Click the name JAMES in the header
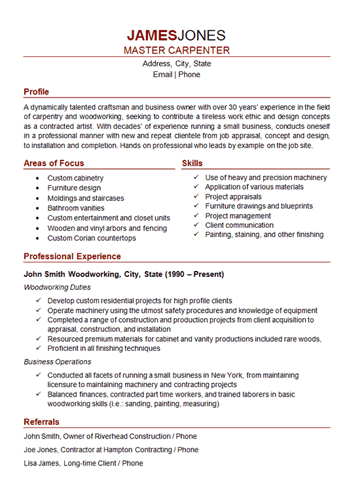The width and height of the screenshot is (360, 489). click(x=153, y=35)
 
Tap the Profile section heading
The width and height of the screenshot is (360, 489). click(x=36, y=92)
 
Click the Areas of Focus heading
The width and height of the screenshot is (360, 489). click(x=54, y=163)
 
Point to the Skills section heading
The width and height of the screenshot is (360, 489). click(x=192, y=163)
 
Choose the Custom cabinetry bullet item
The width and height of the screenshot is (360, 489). click(x=75, y=178)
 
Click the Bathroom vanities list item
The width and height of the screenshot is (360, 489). click(x=76, y=208)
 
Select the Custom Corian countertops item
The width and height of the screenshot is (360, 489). click(x=92, y=238)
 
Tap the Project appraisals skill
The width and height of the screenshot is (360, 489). click(x=233, y=196)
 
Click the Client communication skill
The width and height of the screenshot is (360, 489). click(x=240, y=225)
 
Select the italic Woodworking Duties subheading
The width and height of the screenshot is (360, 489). click(x=57, y=287)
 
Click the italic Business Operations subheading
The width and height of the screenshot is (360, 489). click(x=57, y=361)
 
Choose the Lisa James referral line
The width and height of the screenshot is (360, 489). click(x=83, y=463)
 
